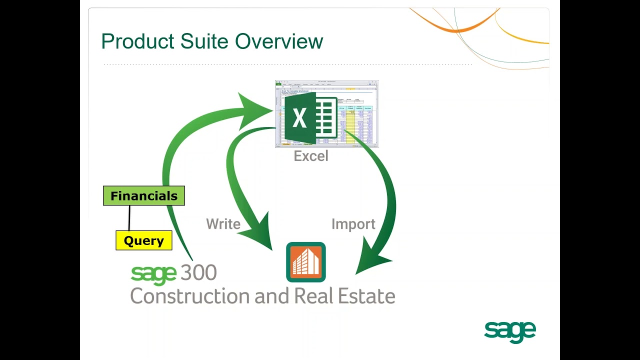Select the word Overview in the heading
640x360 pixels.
(279, 41)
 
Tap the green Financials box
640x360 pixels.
(144, 195)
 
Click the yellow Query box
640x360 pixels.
(144, 240)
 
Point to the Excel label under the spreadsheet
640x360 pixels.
(311, 156)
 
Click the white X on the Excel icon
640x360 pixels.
(299, 118)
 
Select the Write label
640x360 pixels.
(223, 224)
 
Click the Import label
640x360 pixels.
(353, 224)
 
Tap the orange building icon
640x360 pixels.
(306, 262)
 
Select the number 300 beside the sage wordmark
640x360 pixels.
(198, 273)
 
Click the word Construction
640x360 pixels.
(190, 296)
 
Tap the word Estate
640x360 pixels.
(366, 296)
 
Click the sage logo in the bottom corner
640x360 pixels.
(509, 331)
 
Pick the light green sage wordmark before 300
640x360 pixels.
(153, 274)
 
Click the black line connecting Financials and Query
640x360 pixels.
(129, 217)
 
